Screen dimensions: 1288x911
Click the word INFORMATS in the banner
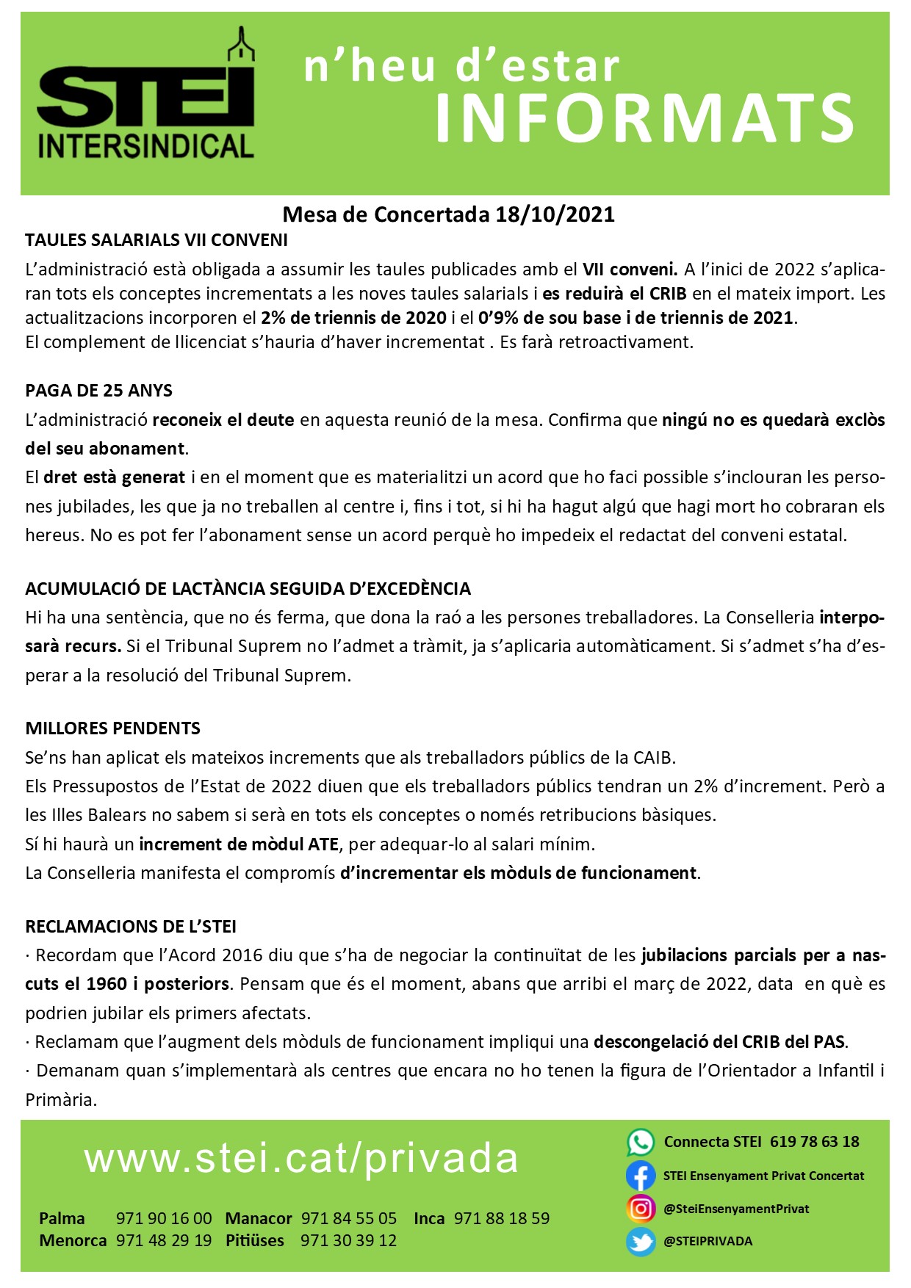(644, 117)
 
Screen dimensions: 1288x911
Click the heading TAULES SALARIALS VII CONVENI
(156, 240)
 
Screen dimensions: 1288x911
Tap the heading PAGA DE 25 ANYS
(99, 390)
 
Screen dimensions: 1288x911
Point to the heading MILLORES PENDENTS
(113, 728)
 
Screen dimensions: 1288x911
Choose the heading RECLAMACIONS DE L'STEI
(131, 927)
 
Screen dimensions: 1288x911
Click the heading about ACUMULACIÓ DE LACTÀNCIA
(248, 589)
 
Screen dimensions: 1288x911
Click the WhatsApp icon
(640, 1143)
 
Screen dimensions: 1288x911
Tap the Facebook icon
(640, 1176)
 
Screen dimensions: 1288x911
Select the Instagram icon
(640, 1209)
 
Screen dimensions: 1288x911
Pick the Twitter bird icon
(640, 1242)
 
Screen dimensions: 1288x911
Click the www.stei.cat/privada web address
(301, 1159)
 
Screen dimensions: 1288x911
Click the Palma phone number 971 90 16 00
(164, 1219)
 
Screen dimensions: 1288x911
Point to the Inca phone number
(502, 1219)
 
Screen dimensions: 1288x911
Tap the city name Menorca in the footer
(73, 1240)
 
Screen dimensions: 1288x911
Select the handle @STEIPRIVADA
(707, 1242)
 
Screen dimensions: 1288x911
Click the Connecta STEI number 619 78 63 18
(815, 1142)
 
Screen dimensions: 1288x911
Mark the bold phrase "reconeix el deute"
(223, 420)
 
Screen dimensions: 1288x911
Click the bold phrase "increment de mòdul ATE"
(239, 844)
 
